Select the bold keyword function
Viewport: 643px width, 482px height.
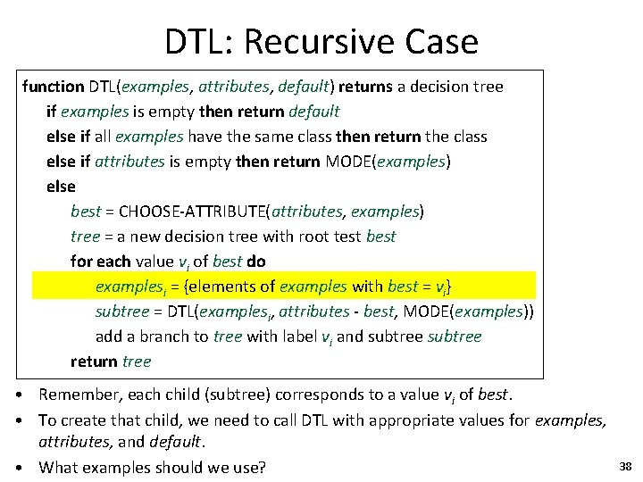point(53,87)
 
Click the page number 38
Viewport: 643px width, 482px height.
point(624,466)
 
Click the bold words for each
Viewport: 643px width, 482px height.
point(100,262)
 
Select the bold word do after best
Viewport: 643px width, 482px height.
point(256,262)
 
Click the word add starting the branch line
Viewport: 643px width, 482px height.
point(109,337)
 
